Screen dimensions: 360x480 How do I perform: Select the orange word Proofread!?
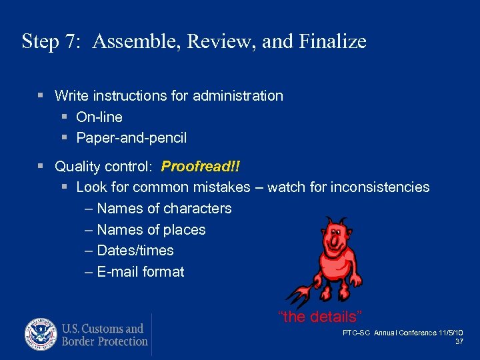tap(200, 166)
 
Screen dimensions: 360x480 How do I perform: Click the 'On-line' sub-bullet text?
tap(99, 117)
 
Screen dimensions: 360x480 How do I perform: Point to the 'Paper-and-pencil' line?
tap(131, 139)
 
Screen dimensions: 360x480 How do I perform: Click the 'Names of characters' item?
tap(164, 209)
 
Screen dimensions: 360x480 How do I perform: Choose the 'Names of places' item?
tap(151, 230)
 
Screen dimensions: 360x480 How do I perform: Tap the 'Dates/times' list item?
tap(135, 251)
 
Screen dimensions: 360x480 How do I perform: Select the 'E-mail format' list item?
tap(140, 272)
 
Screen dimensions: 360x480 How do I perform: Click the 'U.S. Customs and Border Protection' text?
tap(105, 335)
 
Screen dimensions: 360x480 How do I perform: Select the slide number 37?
tap(459, 341)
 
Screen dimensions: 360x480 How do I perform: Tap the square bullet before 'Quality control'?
tap(41, 166)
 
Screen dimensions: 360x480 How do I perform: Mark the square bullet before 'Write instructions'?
tap(41, 96)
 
